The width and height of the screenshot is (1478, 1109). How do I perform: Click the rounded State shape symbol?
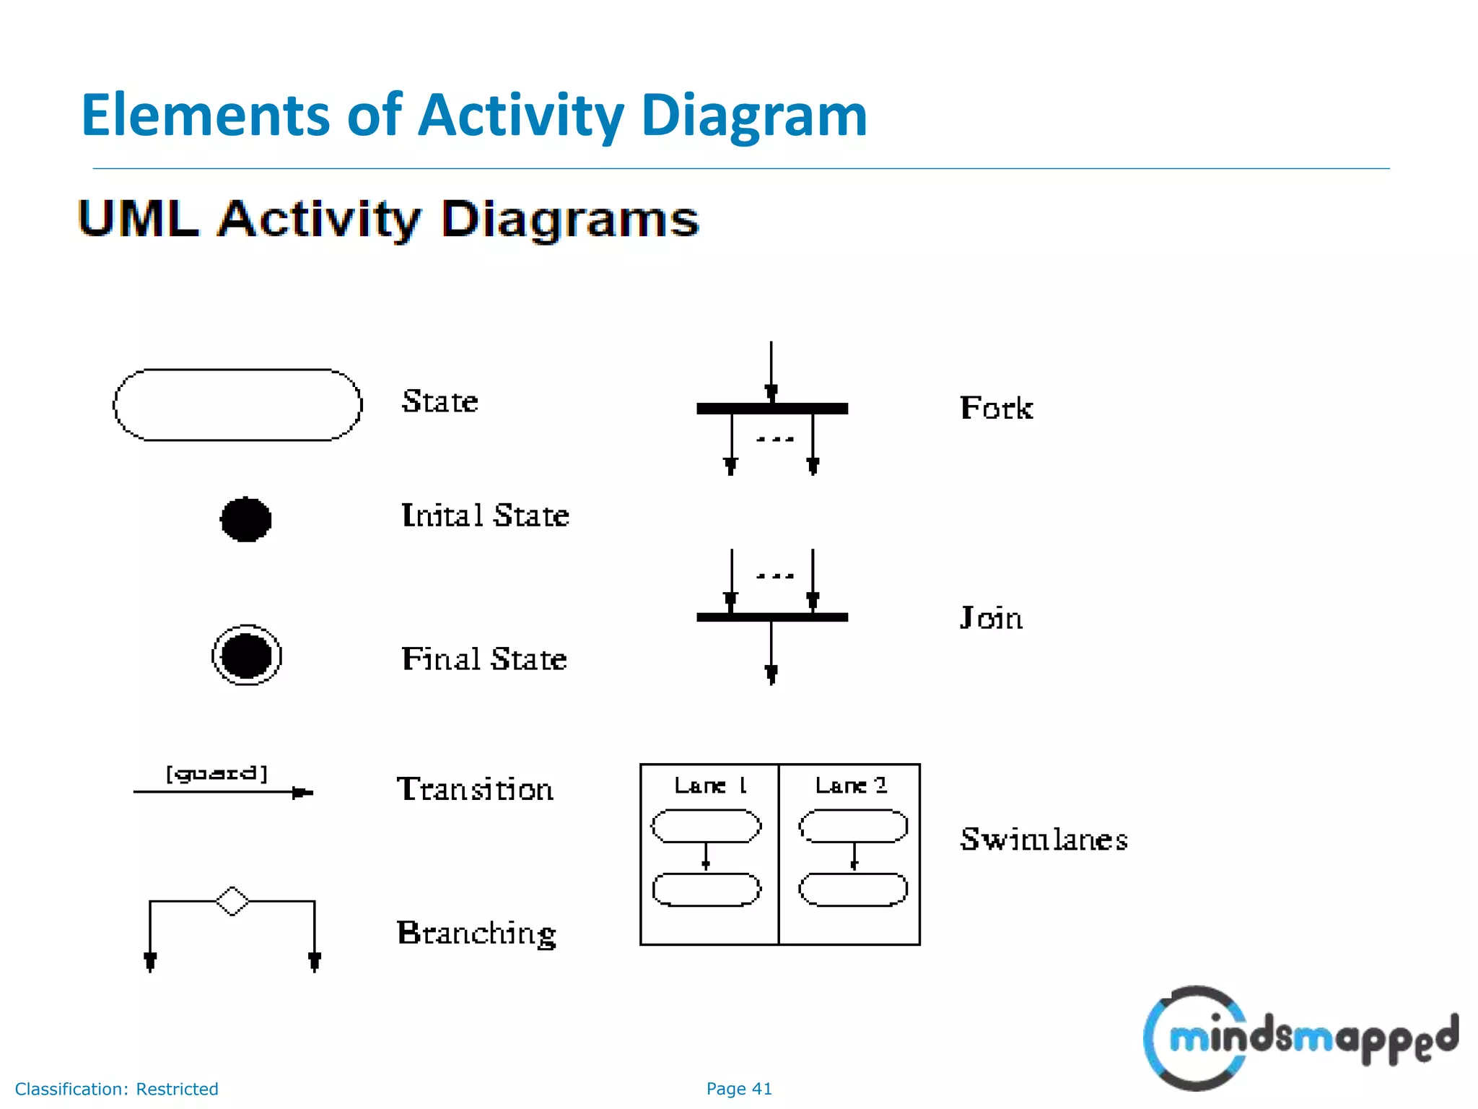[237, 405]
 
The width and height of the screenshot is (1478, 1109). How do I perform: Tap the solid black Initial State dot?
[245, 519]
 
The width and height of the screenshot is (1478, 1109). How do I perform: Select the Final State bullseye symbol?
[246, 656]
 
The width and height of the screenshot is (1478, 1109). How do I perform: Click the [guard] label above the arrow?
[217, 774]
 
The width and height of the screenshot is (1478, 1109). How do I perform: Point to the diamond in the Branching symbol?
[232, 901]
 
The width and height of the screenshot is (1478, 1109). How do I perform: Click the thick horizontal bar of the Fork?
[771, 409]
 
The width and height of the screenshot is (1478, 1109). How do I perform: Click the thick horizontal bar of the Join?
[771, 617]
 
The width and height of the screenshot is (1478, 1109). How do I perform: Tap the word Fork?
[996, 409]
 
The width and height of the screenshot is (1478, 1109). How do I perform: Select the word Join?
[991, 618]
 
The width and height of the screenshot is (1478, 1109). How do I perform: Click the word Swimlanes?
[1044, 839]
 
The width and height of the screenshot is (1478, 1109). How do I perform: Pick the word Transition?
[475, 789]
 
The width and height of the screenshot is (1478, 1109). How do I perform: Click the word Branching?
[476, 934]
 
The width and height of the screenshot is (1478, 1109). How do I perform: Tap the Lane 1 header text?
[709, 786]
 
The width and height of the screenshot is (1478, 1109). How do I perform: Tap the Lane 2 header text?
[851, 786]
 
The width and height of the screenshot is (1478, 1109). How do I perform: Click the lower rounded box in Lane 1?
[707, 890]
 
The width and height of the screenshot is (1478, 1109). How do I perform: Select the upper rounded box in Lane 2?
[853, 826]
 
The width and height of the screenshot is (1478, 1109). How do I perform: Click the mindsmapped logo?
[1299, 1038]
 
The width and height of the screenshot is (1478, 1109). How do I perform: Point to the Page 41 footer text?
[739, 1089]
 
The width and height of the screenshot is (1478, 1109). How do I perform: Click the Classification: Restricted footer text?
[116, 1089]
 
